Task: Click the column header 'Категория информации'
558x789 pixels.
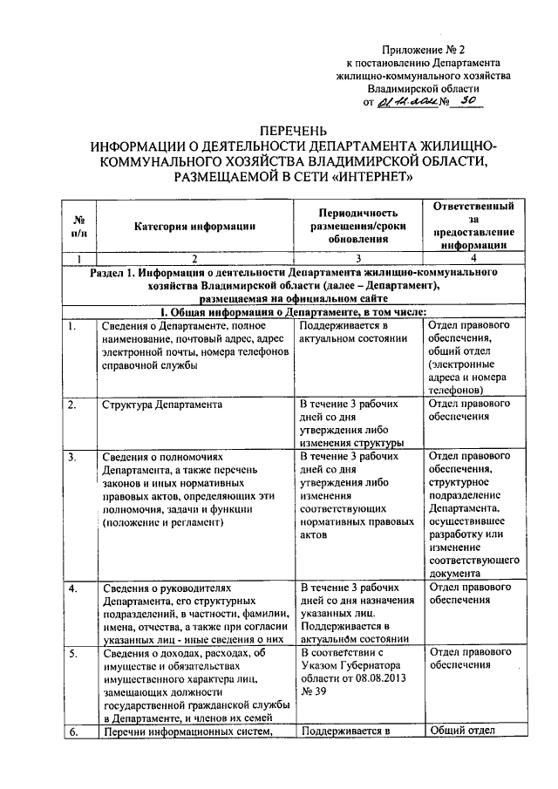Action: click(x=194, y=227)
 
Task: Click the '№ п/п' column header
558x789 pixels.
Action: click(x=78, y=227)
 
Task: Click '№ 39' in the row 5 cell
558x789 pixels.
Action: click(x=314, y=691)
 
